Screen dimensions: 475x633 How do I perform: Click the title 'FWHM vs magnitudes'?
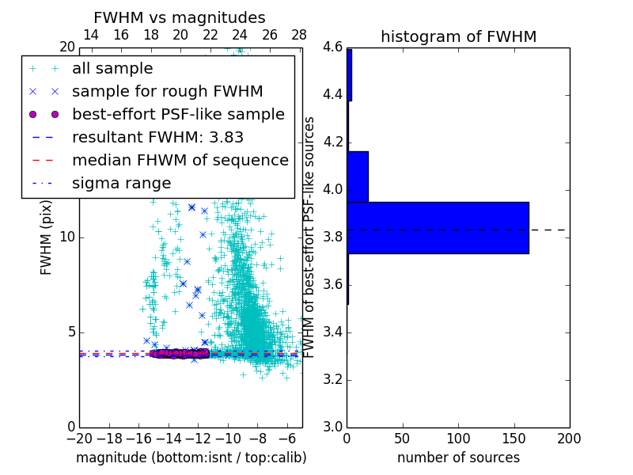180,17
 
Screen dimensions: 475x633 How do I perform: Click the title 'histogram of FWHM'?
458,36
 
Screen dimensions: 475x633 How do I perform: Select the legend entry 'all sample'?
112,69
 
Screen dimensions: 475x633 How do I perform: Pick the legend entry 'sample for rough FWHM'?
167,91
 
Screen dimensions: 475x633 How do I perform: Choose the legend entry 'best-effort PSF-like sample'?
178,114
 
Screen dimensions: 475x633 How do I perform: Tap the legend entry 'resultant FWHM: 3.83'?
162,137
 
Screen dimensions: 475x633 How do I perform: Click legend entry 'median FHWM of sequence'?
180,160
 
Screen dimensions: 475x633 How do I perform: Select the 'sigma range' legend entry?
121,183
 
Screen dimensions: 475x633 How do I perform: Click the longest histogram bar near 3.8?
438,228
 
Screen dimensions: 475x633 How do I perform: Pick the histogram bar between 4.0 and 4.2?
358,177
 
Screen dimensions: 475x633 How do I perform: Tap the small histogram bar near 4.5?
349,75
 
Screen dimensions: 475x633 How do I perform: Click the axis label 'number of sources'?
458,458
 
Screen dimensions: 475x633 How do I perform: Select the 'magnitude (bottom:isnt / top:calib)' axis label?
191,458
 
